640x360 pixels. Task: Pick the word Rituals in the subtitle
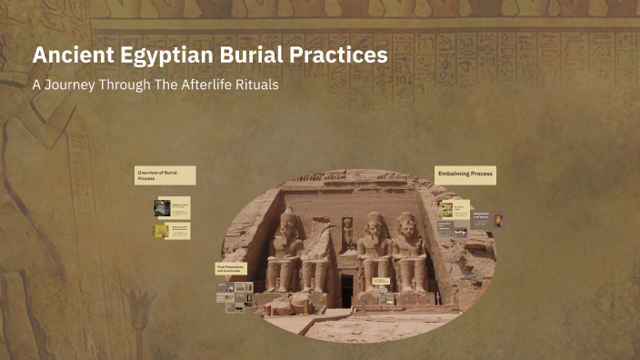click(258, 85)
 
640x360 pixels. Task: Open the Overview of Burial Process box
click(165, 175)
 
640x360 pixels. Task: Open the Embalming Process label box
click(465, 174)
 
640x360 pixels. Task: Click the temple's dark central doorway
click(346, 290)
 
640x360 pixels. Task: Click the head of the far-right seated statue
click(406, 222)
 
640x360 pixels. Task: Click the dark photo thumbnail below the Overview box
click(162, 207)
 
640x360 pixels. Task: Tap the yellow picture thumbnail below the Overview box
click(160, 231)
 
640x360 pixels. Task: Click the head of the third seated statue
click(374, 222)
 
